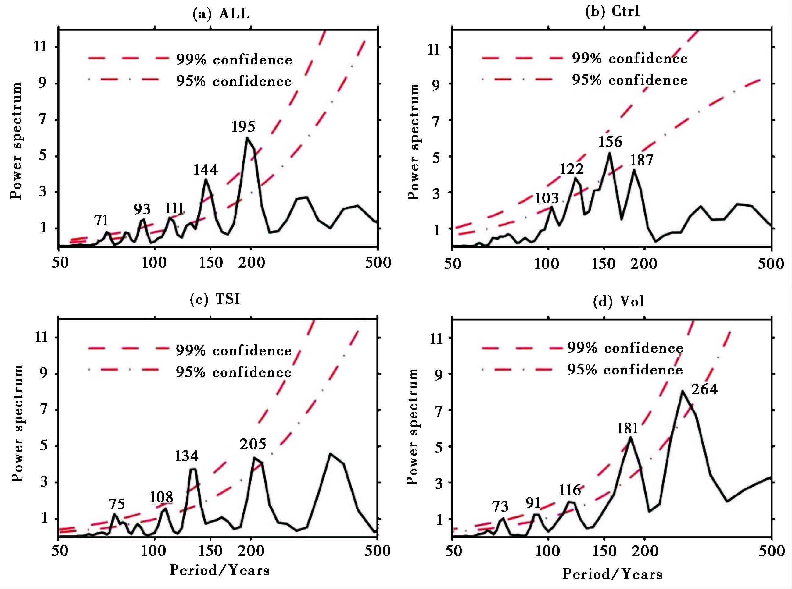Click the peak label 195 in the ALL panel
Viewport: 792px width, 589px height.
[243, 126]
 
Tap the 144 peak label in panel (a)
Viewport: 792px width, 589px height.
[206, 170]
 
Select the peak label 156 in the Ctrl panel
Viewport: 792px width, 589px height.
[610, 142]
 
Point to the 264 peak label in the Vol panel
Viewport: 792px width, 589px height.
[704, 389]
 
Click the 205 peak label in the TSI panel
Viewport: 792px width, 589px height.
[253, 444]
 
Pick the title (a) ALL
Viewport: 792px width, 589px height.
[221, 13]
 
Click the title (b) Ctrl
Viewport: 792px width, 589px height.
[613, 11]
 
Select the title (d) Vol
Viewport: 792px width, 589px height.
[618, 302]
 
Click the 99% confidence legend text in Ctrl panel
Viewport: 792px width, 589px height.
[630, 59]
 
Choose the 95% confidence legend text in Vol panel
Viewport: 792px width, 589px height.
[625, 370]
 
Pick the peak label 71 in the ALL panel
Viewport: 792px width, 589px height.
[102, 221]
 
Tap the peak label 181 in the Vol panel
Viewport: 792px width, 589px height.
[628, 428]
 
